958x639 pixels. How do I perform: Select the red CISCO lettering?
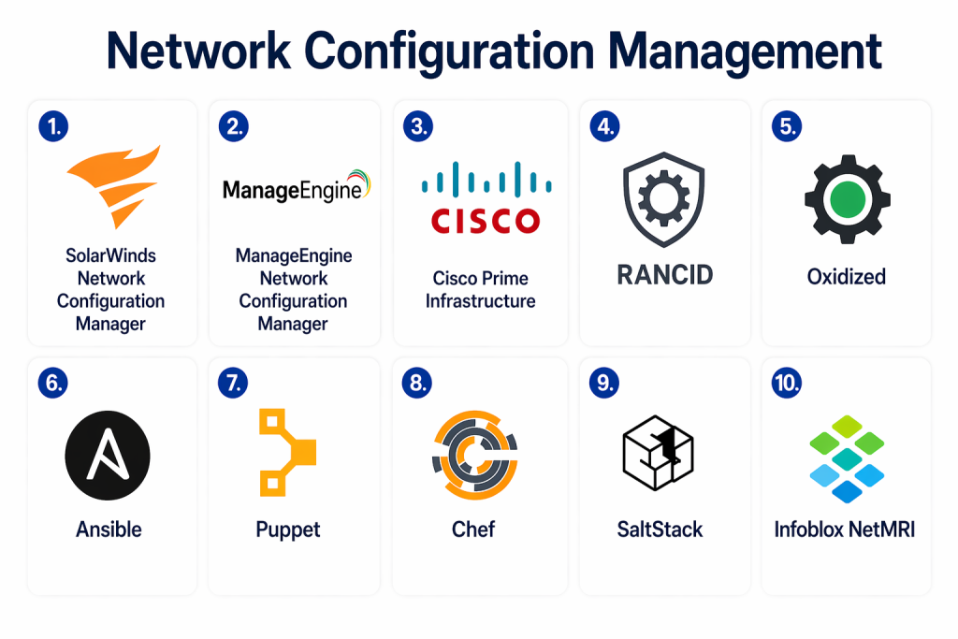click(485, 220)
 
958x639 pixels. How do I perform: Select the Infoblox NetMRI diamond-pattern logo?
click(847, 457)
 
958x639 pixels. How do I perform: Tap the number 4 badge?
click(603, 126)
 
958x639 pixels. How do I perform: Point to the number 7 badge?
click(233, 383)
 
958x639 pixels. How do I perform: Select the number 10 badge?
click(788, 383)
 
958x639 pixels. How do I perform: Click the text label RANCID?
click(664, 274)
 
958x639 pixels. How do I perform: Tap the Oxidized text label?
click(847, 277)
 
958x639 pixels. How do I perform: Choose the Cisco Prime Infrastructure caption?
click(480, 289)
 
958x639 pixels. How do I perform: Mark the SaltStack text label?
click(660, 530)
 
